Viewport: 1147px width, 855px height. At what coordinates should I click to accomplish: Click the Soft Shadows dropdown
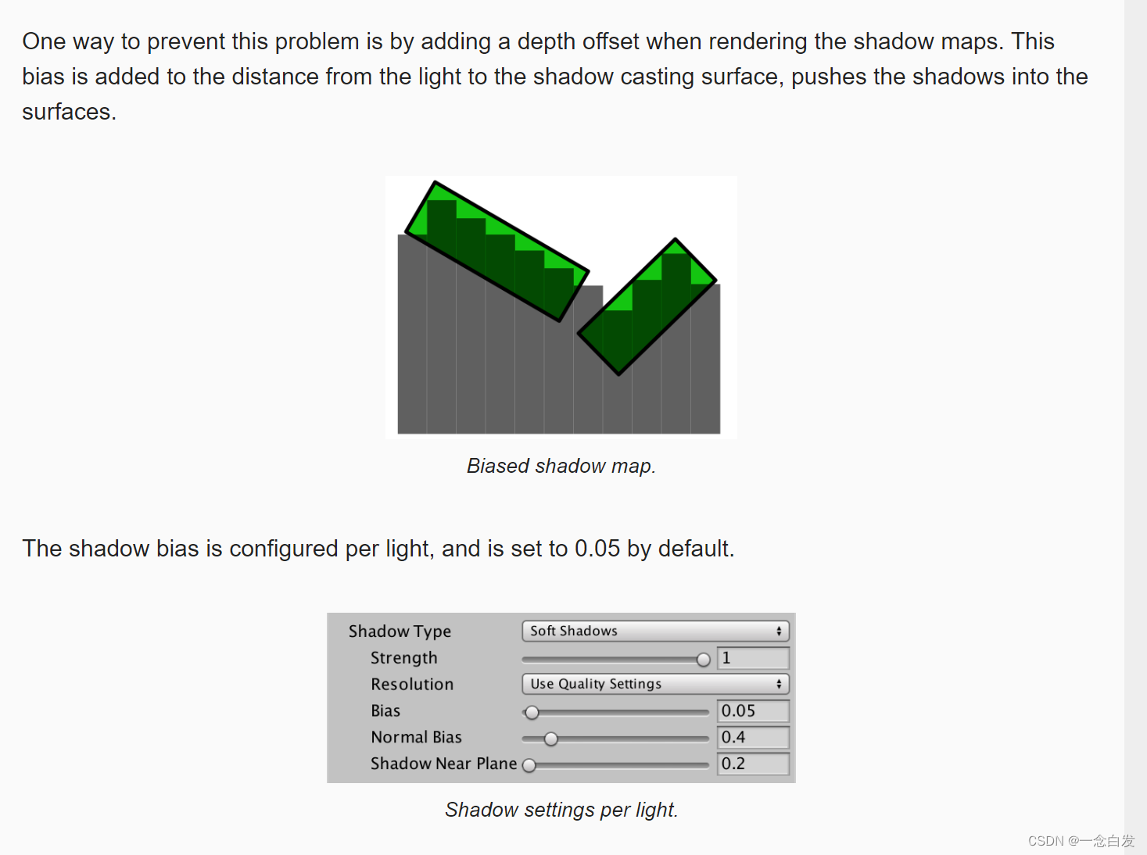tap(655, 631)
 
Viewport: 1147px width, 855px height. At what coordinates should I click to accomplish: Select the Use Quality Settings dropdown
tap(655, 684)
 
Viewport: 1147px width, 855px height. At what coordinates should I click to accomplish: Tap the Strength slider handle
tap(704, 660)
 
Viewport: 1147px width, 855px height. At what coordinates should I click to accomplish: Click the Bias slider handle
tap(532, 713)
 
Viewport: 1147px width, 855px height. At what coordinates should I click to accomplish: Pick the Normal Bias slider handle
tap(550, 739)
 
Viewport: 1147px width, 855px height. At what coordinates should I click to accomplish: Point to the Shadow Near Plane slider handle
tap(529, 765)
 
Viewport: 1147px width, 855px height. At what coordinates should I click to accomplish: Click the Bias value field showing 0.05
tap(753, 711)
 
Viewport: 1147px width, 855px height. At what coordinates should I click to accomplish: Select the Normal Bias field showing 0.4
tap(753, 738)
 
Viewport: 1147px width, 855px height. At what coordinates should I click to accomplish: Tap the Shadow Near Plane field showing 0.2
tap(753, 764)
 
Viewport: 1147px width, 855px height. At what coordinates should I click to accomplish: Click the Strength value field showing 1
tap(753, 658)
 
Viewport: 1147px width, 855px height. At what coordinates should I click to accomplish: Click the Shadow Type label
tap(400, 631)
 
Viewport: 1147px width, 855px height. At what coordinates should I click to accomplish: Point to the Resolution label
tap(412, 684)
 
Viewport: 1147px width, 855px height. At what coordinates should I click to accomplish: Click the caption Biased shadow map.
tap(561, 465)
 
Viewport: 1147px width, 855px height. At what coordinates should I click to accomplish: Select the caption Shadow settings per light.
tap(561, 810)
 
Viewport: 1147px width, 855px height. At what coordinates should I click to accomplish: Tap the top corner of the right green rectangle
tap(675, 239)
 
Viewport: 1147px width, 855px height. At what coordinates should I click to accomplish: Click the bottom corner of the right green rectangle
tap(618, 374)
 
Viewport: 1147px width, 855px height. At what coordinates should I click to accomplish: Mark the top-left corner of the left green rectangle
tap(435, 182)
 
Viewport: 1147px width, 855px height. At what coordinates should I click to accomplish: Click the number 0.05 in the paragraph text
tap(597, 549)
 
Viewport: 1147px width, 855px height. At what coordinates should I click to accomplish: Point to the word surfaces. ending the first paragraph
tap(69, 112)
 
